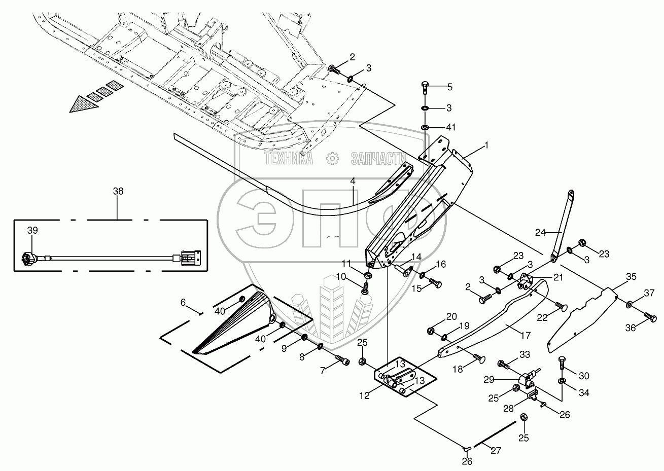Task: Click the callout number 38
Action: (118, 191)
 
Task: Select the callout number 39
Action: (32, 230)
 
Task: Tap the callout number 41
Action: (450, 127)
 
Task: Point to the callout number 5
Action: (449, 87)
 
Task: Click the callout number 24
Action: (540, 233)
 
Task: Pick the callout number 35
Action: (631, 277)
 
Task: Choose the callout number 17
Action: (526, 336)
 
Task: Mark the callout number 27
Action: (496, 451)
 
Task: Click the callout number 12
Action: (365, 395)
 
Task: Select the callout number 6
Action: (183, 303)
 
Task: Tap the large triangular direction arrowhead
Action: (84, 104)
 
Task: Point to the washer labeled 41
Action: (425, 128)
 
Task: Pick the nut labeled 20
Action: (432, 331)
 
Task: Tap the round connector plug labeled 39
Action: (28, 259)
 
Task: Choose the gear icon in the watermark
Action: (332, 159)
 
